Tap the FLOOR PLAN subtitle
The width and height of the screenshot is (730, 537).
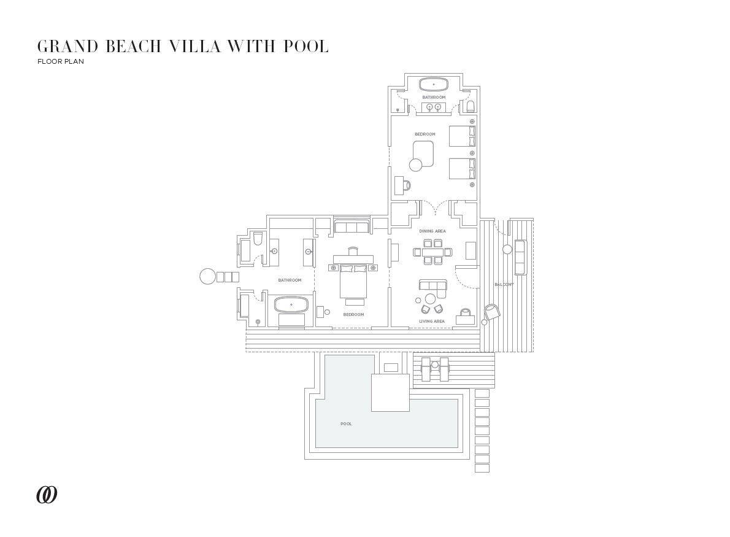pyautogui.click(x=60, y=61)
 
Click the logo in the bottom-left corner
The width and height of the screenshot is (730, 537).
pyautogui.click(x=47, y=495)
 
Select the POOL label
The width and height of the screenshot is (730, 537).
pyautogui.click(x=346, y=423)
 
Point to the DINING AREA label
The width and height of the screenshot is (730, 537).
pyautogui.click(x=432, y=231)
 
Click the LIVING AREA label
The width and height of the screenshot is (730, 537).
pyautogui.click(x=431, y=321)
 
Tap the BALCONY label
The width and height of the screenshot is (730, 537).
pyautogui.click(x=504, y=284)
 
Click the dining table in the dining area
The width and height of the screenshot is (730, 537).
pyautogui.click(x=432, y=252)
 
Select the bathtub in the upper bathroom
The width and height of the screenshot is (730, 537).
pyautogui.click(x=434, y=83)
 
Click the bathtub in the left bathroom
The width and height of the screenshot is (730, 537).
pyautogui.click(x=291, y=304)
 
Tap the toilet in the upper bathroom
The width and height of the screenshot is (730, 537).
pyautogui.click(x=471, y=107)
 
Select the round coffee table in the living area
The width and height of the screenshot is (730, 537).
pyautogui.click(x=430, y=299)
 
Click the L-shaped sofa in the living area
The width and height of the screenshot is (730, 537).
pyautogui.click(x=432, y=285)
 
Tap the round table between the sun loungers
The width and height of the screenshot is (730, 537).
pyautogui.click(x=435, y=365)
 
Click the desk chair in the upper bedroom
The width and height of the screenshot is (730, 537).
pyautogui.click(x=407, y=185)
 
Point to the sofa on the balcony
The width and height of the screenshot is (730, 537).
pyautogui.click(x=520, y=257)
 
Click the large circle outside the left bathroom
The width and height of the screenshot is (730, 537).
pyautogui.click(x=208, y=276)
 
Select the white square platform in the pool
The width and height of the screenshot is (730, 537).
pyautogui.click(x=390, y=392)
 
